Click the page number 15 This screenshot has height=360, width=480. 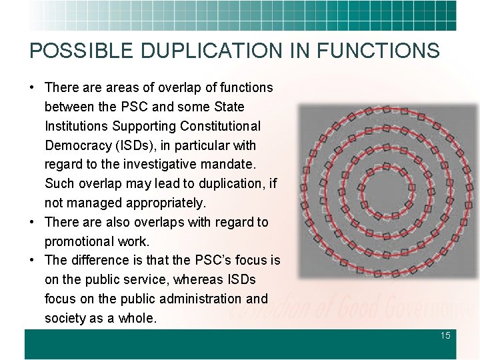tap(445, 335)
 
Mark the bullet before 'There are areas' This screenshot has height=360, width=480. tap(32, 87)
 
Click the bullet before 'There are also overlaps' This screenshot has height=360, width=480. tap(32, 222)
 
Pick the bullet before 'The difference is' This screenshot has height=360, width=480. tap(32, 260)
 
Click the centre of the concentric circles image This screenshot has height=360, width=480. tap(387, 191)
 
